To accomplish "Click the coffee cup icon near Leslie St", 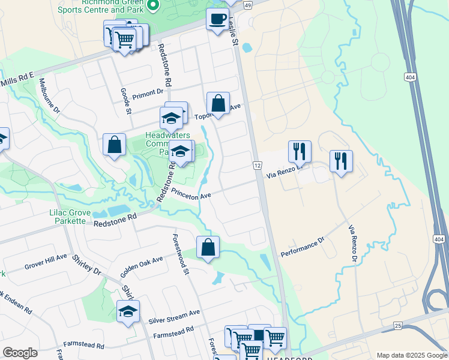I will tap(217, 19).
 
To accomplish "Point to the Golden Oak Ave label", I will tap(141, 267).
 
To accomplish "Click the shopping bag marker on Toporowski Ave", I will tap(218, 104).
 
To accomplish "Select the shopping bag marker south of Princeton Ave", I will tap(208, 247).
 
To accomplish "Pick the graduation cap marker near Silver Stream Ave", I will tap(128, 311).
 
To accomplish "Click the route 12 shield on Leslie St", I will tap(257, 165).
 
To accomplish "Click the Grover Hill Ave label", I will tap(46, 261).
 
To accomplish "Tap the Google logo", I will tap(20, 352).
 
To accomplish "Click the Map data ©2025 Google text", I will tap(411, 355).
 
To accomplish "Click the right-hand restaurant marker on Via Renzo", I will tap(340, 161).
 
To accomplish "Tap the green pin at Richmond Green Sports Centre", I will tap(152, 6).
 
